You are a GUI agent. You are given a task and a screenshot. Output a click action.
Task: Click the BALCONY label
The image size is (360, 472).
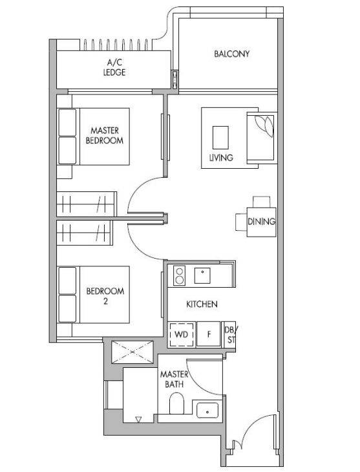click(x=232, y=54)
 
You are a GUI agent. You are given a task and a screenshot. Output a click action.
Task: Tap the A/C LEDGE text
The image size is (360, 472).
click(x=114, y=67)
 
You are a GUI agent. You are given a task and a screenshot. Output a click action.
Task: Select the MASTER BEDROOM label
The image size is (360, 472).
click(x=105, y=136)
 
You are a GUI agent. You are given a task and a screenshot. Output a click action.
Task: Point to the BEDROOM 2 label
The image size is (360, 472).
click(x=105, y=296)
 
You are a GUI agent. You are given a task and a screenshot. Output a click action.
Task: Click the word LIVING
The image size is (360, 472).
click(x=221, y=157)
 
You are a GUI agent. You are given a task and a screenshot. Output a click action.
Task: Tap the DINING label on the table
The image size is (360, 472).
click(x=261, y=222)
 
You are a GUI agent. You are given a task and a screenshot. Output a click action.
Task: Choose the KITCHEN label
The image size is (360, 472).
click(x=202, y=304)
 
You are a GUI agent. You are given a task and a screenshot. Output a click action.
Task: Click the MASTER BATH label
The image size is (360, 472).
click(x=174, y=380)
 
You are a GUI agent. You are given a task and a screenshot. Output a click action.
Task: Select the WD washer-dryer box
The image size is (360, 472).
click(x=182, y=334)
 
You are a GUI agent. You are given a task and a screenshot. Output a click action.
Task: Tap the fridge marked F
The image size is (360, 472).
click(x=209, y=334)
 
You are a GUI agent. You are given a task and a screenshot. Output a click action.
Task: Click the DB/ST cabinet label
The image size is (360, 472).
click(x=230, y=335)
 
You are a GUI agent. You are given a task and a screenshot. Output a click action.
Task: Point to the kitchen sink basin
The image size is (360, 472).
click(x=202, y=275)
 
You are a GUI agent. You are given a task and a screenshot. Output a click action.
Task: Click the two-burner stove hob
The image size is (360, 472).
click(x=180, y=275)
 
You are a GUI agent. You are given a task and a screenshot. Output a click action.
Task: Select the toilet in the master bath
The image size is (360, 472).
click(x=176, y=403)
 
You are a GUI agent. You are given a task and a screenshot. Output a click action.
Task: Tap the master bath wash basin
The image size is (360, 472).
click(x=207, y=410)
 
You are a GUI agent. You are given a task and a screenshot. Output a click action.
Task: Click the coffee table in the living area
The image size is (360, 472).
click(x=220, y=138)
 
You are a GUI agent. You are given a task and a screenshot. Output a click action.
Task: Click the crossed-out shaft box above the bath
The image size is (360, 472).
click(x=132, y=352)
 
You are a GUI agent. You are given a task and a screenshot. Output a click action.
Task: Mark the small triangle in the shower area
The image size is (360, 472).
click(x=138, y=420)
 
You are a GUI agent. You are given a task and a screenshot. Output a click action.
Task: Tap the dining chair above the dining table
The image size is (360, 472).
click(x=262, y=202)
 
